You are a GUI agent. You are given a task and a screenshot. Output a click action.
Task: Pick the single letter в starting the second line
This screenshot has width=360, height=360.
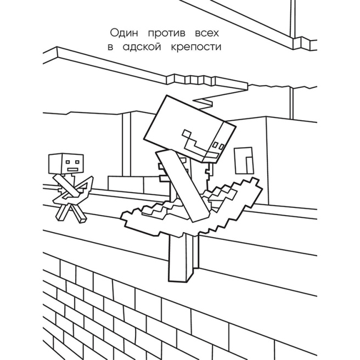pos(110,47)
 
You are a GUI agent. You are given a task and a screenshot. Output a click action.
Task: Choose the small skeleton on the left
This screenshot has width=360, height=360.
pos(69,187)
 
